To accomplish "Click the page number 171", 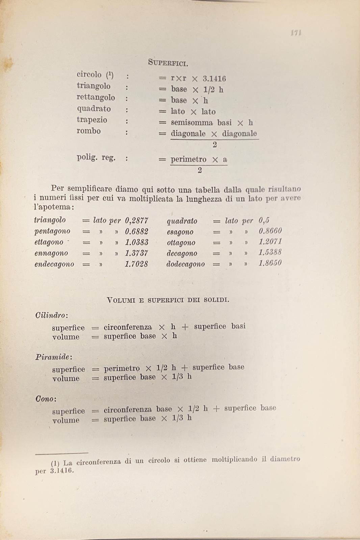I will pos(296,33).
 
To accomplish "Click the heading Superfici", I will pos(168,62).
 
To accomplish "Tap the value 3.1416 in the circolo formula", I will pos(214,79).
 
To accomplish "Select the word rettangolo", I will pos(96,98).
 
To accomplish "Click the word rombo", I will pos(88,131).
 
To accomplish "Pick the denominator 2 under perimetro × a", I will pos(200,170).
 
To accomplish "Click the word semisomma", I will pos(192,123).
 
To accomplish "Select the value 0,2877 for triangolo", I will pos(136,221).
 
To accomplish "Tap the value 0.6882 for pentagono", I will pos(136,232).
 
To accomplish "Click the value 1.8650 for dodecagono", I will pos(270,263).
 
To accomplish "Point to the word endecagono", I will pos(54,264).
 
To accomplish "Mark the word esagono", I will pos(180,232).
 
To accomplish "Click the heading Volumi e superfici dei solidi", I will pos(168,300).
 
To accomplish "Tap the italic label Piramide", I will pos(53,357).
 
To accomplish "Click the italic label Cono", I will pos(45,399).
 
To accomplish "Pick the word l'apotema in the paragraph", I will pos(52,207).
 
